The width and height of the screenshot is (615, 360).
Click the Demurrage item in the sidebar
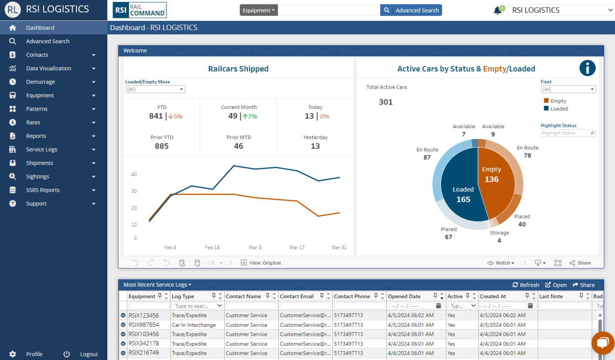click(x=40, y=82)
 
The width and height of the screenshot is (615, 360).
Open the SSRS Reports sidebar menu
click(x=43, y=190)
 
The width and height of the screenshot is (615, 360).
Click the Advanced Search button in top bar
click(x=411, y=10)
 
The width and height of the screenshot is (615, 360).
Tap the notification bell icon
click(x=498, y=10)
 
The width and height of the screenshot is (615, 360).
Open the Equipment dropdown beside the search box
click(x=259, y=10)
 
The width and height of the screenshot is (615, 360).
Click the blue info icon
click(x=587, y=68)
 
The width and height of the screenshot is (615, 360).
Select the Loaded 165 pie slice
click(x=460, y=192)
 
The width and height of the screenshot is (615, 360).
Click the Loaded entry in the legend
click(x=559, y=109)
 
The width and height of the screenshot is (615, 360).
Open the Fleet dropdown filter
click(x=568, y=89)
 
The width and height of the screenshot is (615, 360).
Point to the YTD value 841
click(x=156, y=116)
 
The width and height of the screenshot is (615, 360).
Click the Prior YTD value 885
click(x=162, y=146)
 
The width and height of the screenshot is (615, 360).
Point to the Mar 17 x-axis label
click(x=297, y=247)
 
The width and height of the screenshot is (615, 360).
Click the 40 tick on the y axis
click(x=134, y=175)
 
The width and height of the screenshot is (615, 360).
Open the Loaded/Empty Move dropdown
click(x=155, y=89)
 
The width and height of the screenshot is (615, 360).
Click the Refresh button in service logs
click(x=526, y=285)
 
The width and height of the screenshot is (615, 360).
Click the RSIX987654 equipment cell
click(x=144, y=325)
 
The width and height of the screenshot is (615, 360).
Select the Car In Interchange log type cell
click(x=193, y=325)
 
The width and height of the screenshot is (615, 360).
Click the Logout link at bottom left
click(x=88, y=354)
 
